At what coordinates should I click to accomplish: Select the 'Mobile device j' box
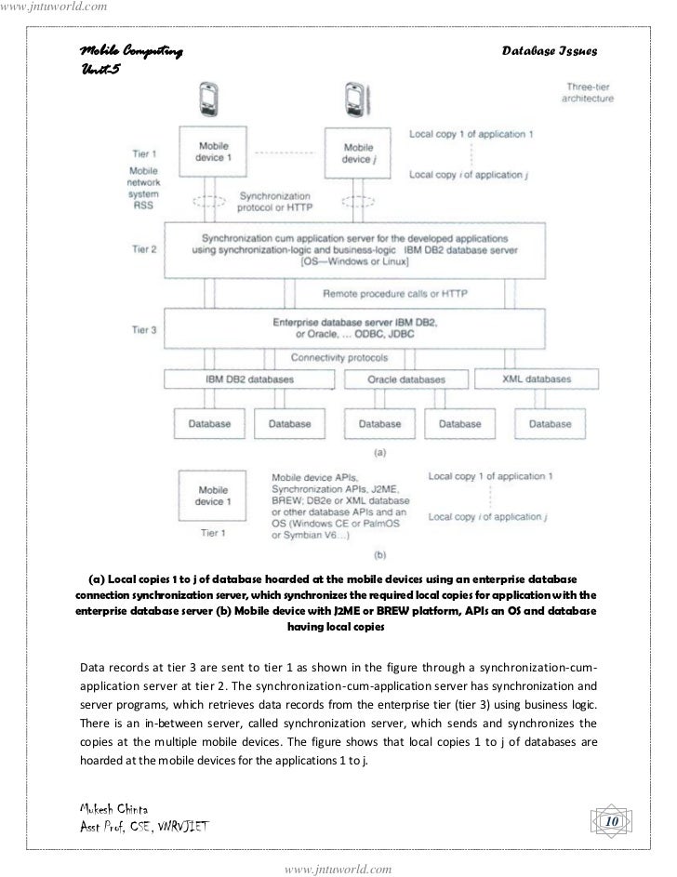(x=358, y=153)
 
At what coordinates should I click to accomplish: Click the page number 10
(x=611, y=822)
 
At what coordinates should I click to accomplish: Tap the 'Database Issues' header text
(x=549, y=49)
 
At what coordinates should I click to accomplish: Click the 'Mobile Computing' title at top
(x=126, y=48)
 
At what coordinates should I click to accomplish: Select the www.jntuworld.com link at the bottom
(x=338, y=869)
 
